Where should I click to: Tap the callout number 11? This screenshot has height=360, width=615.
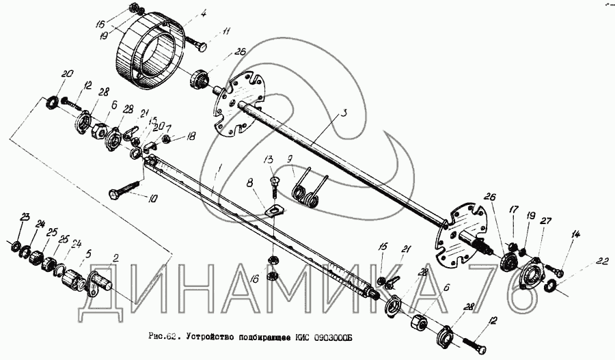point(226,31)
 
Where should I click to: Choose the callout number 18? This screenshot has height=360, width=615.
point(191,137)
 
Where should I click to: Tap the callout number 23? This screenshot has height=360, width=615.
point(25,217)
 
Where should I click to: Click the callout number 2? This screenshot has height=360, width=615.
point(116,258)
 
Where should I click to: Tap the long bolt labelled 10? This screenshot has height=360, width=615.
point(127,189)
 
